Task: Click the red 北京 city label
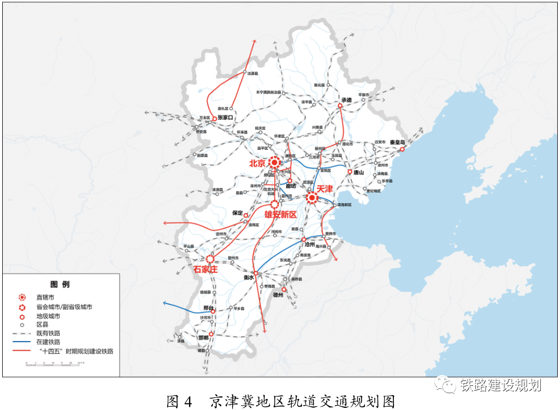[x=257, y=163]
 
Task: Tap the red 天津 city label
[x=325, y=189]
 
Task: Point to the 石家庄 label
[x=205, y=268]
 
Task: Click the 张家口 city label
[x=225, y=118]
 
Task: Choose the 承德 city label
[x=346, y=100]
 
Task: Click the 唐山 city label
[x=358, y=172]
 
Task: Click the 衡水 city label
[x=249, y=277]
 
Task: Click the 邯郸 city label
[x=203, y=338]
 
